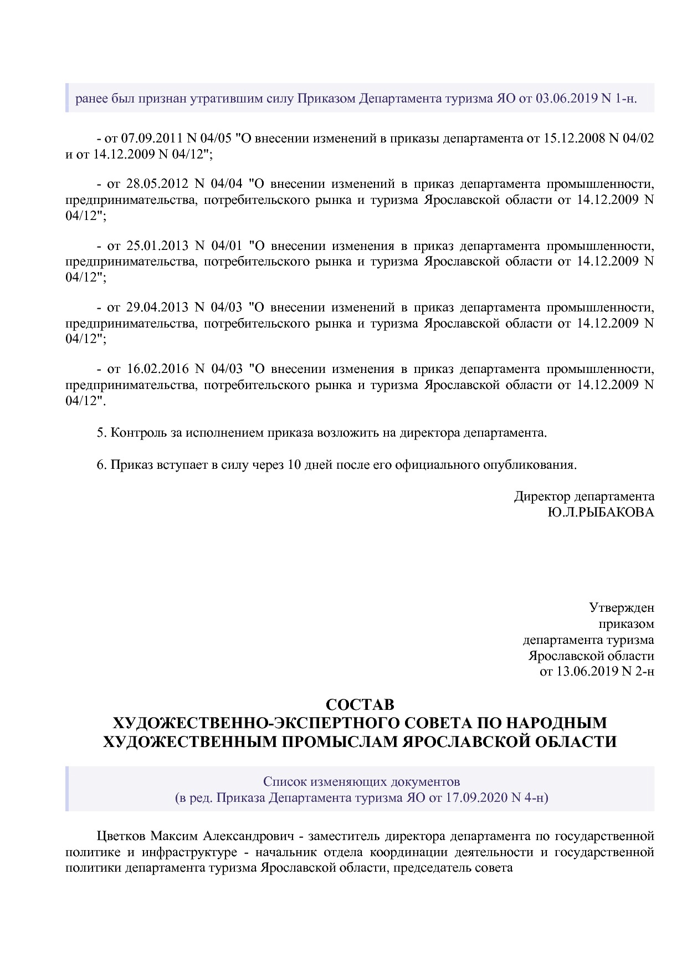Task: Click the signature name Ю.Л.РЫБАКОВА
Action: [601, 512]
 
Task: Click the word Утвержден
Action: [621, 608]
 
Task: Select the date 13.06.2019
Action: [579, 672]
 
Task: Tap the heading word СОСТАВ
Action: [360, 705]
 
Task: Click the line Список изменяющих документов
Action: [361, 782]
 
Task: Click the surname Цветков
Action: [121, 836]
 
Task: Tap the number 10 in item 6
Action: [295, 464]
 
